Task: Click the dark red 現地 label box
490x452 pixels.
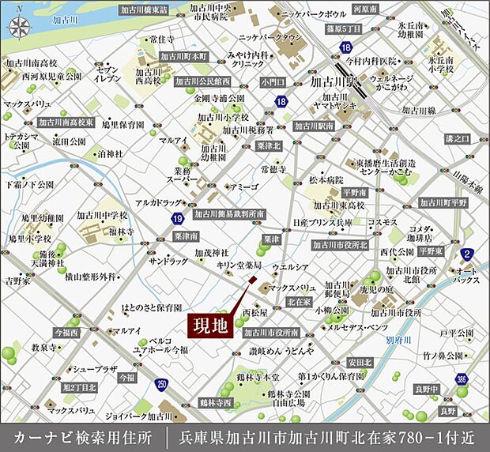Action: point(211,325)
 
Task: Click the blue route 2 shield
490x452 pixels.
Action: point(468,254)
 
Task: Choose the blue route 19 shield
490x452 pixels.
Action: point(179,218)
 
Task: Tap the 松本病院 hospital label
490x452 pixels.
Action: point(325,179)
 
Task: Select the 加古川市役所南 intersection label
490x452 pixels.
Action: point(271,333)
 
